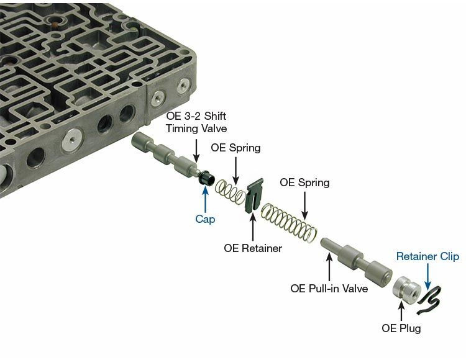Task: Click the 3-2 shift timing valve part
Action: pyautogui.click(x=165, y=157)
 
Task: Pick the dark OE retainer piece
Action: pyautogui.click(x=254, y=197)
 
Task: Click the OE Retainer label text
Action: pyautogui.click(x=253, y=248)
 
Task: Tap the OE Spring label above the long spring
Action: pyautogui.click(x=304, y=182)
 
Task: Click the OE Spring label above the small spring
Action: pyautogui.click(x=235, y=148)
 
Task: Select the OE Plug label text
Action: pyautogui.click(x=401, y=328)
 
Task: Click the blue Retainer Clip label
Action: pyautogui.click(x=427, y=256)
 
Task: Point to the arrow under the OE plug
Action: pyautogui.click(x=401, y=310)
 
